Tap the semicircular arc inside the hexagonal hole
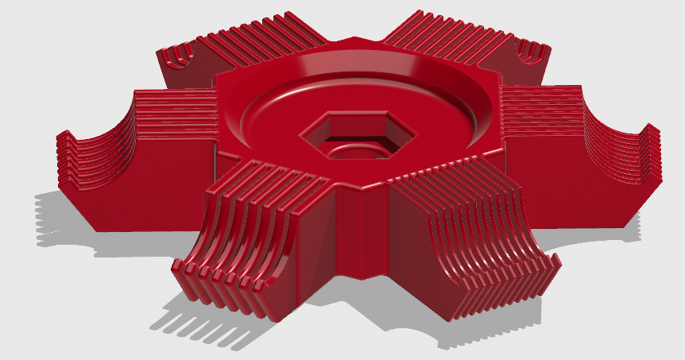tap(357, 149)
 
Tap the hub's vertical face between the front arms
tap(358, 230)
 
